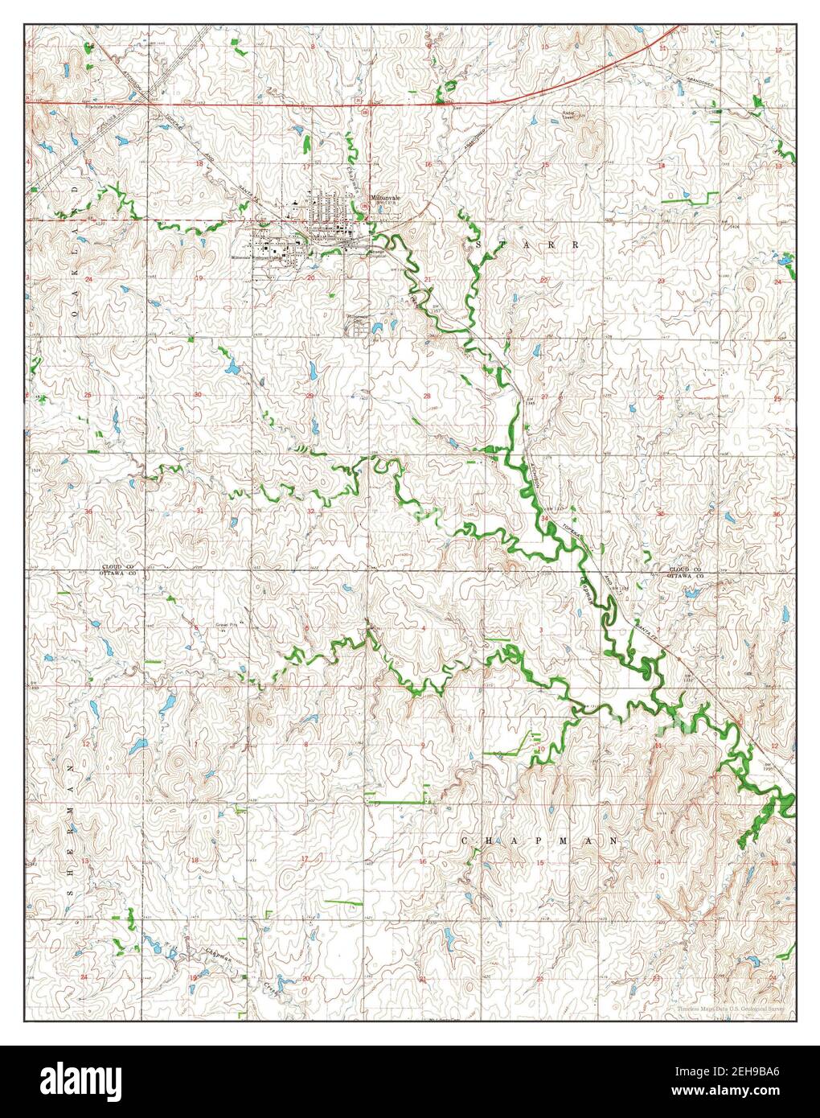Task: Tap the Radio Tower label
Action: click(x=572, y=115)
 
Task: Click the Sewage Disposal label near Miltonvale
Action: click(x=378, y=252)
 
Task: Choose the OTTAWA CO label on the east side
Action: click(x=686, y=576)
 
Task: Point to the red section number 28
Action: click(x=428, y=396)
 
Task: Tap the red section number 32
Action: click(x=310, y=511)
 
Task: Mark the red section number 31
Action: click(x=198, y=511)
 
